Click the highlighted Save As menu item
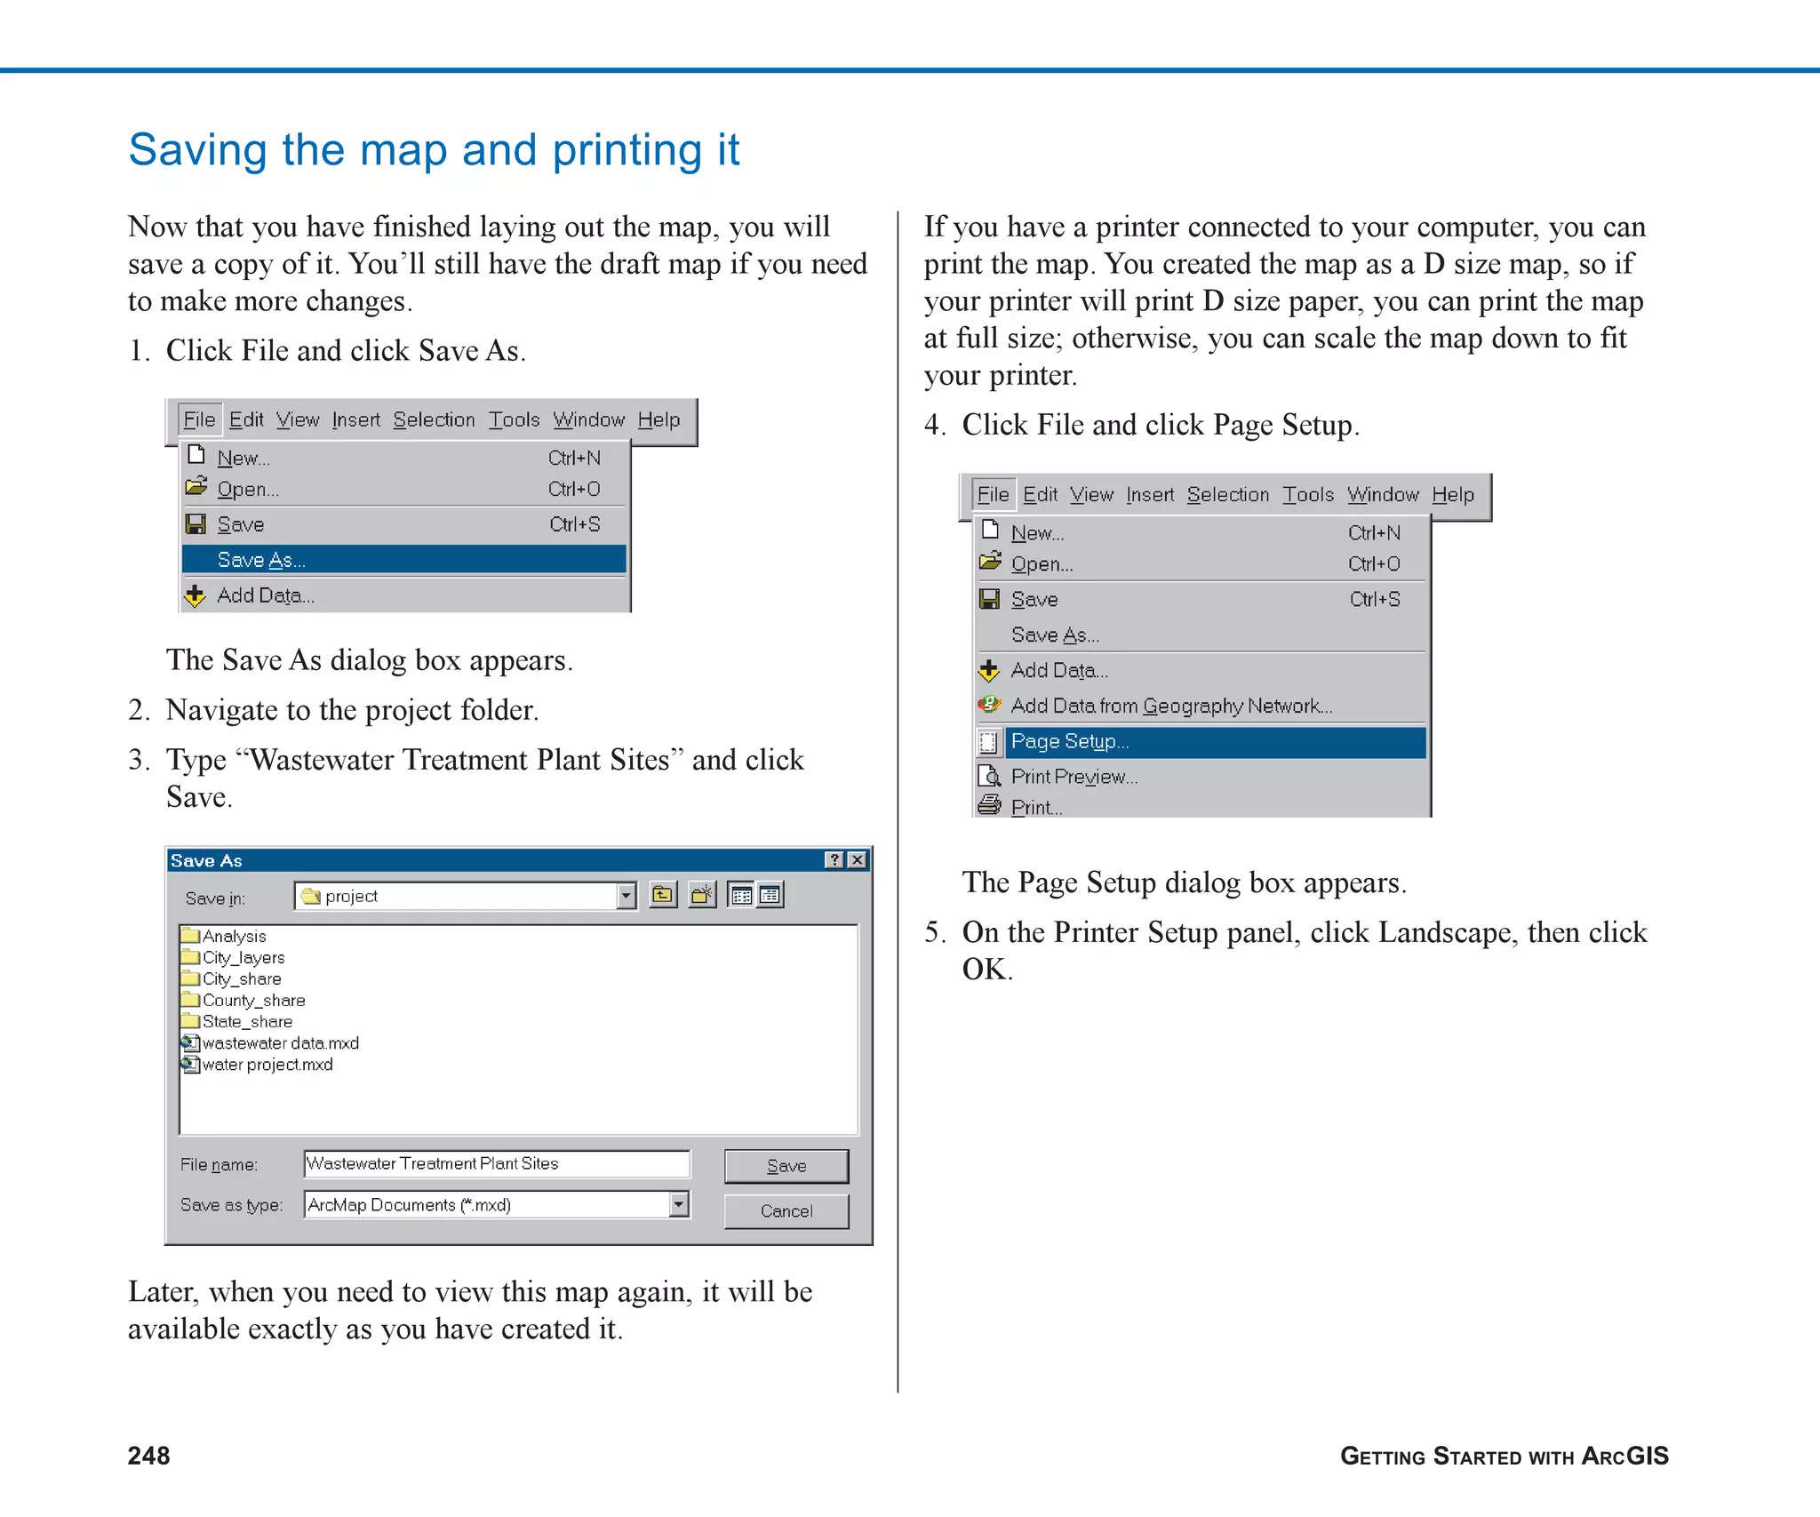click(x=403, y=560)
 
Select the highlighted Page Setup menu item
click(x=1214, y=742)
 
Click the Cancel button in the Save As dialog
click(x=786, y=1211)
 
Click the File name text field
click(x=496, y=1164)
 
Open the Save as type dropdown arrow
click(x=679, y=1205)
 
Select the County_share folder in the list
click(x=253, y=1001)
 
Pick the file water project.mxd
click(x=267, y=1065)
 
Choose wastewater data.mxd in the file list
click(x=280, y=1043)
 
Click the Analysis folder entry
click(x=234, y=937)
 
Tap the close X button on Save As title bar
click(x=858, y=860)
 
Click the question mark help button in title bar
click(x=834, y=860)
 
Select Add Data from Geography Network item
click(x=1170, y=707)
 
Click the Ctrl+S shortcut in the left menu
click(x=574, y=524)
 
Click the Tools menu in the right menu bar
click(x=1307, y=495)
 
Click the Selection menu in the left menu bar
click(x=434, y=420)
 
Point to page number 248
click(x=148, y=1456)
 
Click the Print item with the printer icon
click(x=1035, y=808)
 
